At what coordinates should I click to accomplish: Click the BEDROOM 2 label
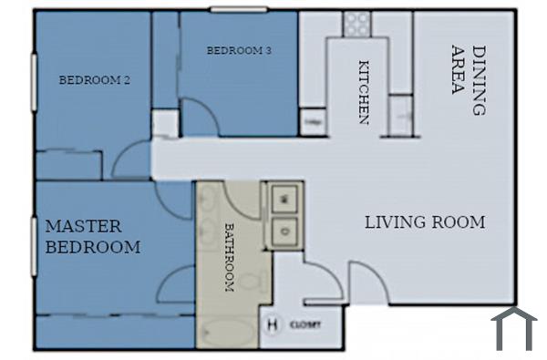pos(94,80)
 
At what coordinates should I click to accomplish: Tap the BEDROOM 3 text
pos(239,51)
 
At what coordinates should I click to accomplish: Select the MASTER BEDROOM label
pos(93,236)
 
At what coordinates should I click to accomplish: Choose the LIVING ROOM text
pos(425,221)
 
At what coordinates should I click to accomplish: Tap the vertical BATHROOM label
pos(229,258)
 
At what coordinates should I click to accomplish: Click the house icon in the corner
pos(514,328)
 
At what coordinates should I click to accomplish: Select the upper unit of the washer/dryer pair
pos(284,198)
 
